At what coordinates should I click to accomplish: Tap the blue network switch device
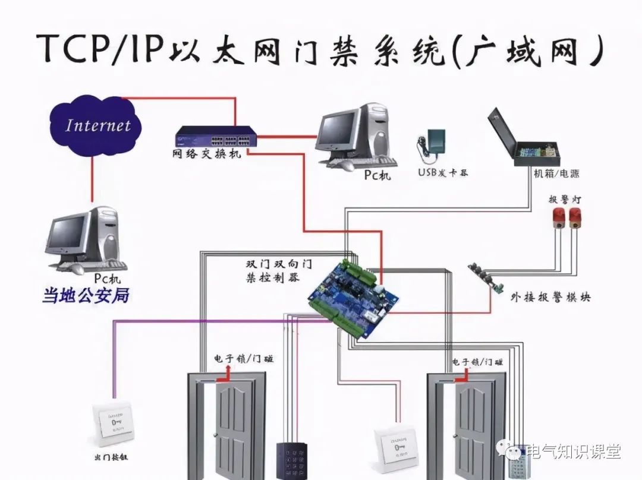(x=216, y=137)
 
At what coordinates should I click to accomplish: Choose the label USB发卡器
(x=443, y=173)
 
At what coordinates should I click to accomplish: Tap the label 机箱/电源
(x=555, y=174)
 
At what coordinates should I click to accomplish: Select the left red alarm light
(x=558, y=218)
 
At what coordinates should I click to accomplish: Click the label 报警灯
(x=564, y=199)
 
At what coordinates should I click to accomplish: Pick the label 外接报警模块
(x=550, y=298)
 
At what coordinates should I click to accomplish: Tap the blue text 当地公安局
(x=86, y=296)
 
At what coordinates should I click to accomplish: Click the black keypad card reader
(x=290, y=460)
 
